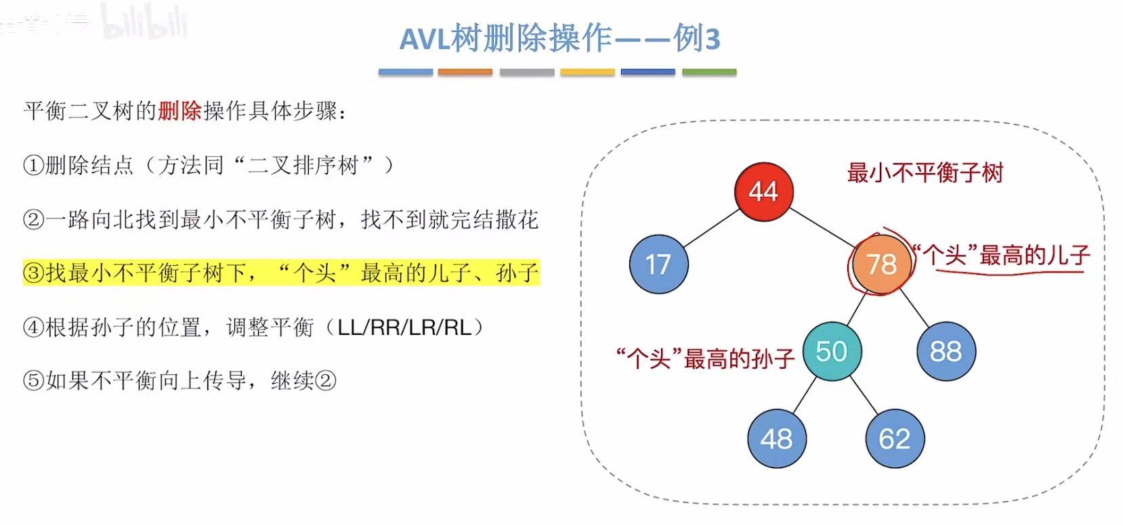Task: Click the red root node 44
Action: click(763, 191)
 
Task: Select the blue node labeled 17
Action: click(658, 264)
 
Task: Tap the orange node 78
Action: click(881, 264)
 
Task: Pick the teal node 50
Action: click(831, 352)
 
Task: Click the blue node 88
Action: click(946, 352)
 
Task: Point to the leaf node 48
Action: click(776, 439)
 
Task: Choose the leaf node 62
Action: click(894, 439)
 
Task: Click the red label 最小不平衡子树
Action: click(925, 173)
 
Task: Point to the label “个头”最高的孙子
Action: click(704, 358)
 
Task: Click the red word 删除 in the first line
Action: click(179, 111)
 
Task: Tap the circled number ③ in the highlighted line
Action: click(34, 273)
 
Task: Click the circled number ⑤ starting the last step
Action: click(34, 381)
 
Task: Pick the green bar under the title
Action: click(708, 72)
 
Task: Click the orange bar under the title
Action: click(465, 72)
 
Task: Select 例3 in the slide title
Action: click(696, 39)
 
